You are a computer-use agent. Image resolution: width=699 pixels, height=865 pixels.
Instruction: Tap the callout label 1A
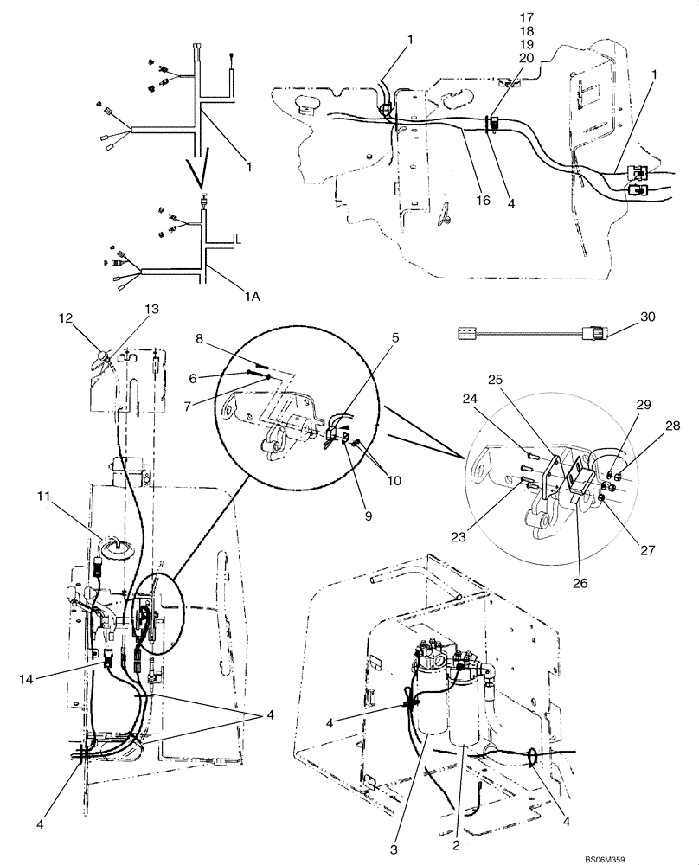pos(253,296)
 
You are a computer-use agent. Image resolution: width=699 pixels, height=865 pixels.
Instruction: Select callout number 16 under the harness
pos(483,200)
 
